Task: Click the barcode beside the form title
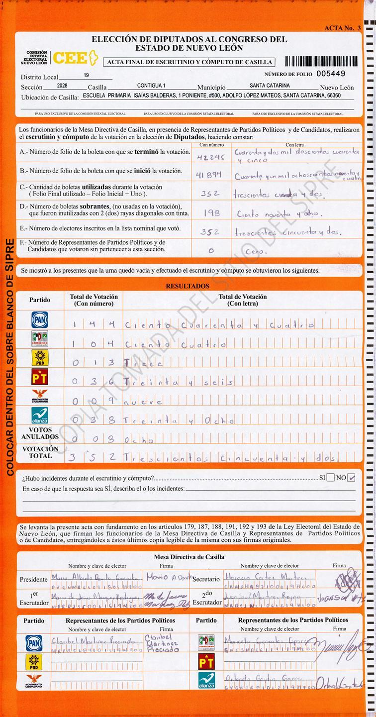pos(321,62)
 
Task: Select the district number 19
pos(87,75)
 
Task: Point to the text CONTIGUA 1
pos(151,86)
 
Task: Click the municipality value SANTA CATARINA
pos(270,86)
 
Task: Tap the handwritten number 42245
pos(211,156)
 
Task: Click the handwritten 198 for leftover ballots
pos(211,212)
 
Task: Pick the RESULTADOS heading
pos(188,286)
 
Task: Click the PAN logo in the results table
pos(40,320)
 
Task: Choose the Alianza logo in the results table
pos(40,415)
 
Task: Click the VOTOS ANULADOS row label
pos(40,433)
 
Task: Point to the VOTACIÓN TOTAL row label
pos(40,452)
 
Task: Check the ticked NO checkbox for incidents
pos(352,478)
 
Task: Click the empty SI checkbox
pos(331,478)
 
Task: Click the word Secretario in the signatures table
pos(206,580)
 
